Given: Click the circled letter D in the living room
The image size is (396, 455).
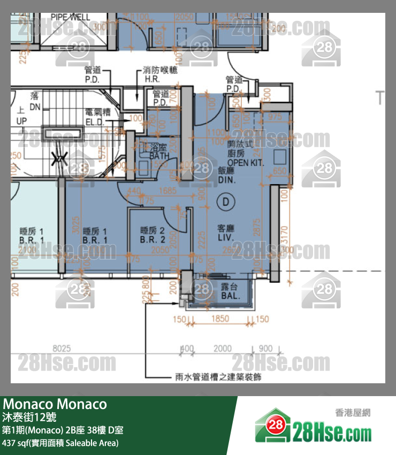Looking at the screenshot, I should click(225, 202).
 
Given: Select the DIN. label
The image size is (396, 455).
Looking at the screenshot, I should click(226, 180).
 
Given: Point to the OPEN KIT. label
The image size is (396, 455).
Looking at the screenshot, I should click(246, 162).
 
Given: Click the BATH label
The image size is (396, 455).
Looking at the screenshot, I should click(159, 156).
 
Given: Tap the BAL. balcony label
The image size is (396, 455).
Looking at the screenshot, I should click(230, 295).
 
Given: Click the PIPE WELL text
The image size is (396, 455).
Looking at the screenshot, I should click(71, 17).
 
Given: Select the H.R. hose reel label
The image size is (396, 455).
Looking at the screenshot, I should click(152, 79).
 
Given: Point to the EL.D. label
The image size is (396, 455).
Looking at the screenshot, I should click(97, 122).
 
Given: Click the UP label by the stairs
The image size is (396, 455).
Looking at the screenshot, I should click(21, 122).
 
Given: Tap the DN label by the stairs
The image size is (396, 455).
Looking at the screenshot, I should click(35, 107).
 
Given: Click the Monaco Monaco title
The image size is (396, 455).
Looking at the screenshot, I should click(55, 404).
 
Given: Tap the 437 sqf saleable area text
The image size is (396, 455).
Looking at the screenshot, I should click(60, 443).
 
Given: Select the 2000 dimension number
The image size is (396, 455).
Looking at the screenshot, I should click(223, 348).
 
